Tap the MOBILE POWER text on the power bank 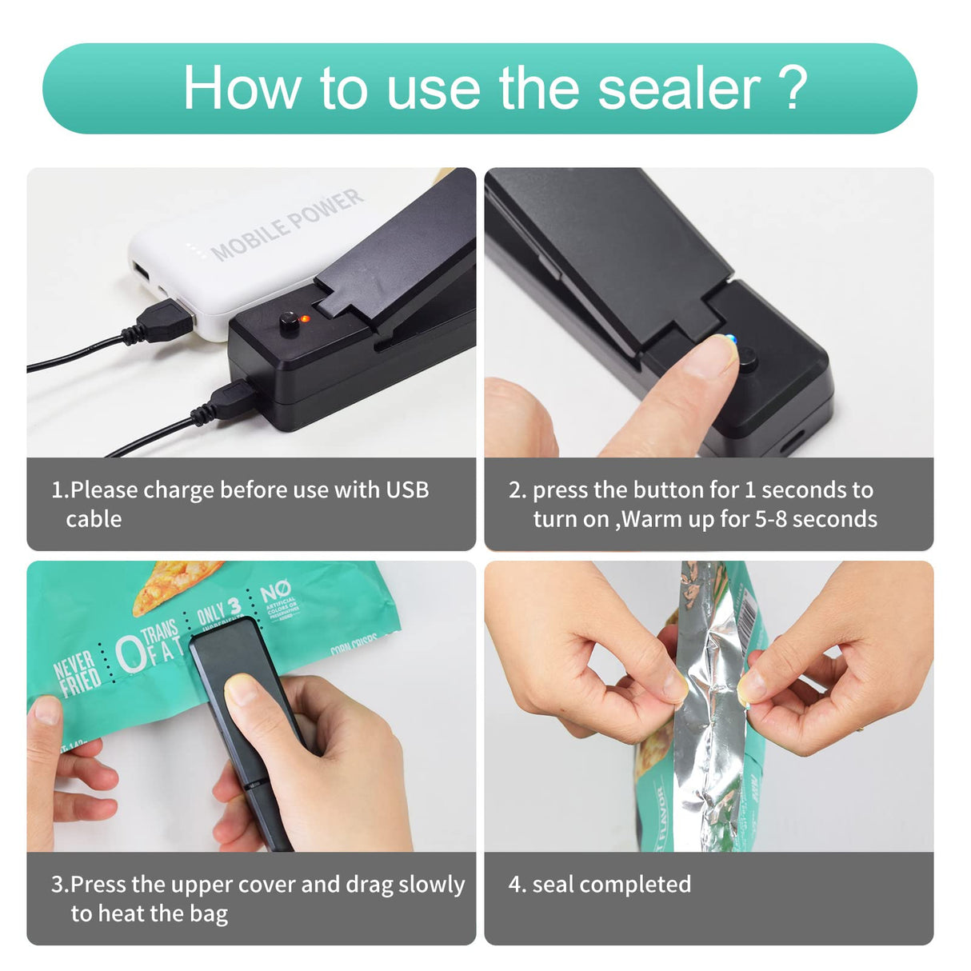click(286, 225)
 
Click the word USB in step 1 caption click(407, 489)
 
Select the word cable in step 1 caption click(94, 519)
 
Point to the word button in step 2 click(669, 489)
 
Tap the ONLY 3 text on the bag click(218, 611)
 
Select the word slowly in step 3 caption click(431, 885)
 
